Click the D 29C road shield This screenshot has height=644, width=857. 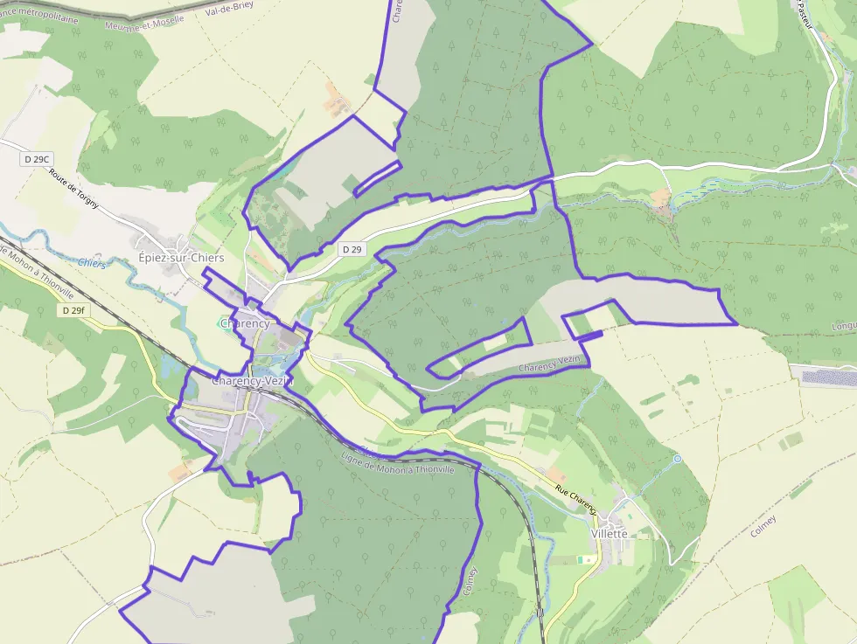[x=38, y=159]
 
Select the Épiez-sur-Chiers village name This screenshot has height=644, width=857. [x=181, y=258]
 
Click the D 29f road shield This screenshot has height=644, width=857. [x=74, y=310]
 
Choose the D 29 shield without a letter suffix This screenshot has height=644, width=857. [x=352, y=249]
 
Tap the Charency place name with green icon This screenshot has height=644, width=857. [x=246, y=323]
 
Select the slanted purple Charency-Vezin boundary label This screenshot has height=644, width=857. [x=551, y=364]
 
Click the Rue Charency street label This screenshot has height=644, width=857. [x=574, y=501]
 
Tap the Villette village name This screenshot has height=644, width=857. [x=610, y=533]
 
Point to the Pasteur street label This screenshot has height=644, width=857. [x=805, y=15]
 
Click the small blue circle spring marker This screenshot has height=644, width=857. [x=677, y=458]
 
